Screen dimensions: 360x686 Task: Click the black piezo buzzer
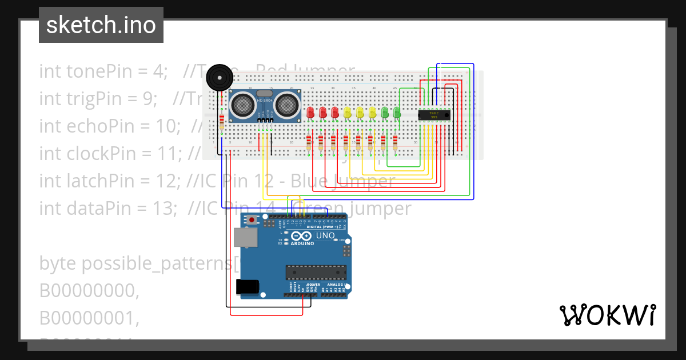[219, 77]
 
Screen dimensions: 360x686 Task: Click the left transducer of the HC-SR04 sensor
[244, 104]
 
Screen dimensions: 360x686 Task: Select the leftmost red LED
[310, 113]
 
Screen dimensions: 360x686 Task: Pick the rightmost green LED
[397, 113]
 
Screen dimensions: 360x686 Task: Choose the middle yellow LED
[360, 113]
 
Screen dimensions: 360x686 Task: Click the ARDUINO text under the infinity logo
[302, 243]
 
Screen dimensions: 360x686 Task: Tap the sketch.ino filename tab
[101, 25]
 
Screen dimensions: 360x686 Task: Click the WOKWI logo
[607, 315]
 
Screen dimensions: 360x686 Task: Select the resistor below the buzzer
[222, 121]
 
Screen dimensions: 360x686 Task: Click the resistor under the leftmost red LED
[309, 142]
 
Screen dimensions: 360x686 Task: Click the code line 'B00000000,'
[89, 291]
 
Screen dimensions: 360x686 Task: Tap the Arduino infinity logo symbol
[302, 235]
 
